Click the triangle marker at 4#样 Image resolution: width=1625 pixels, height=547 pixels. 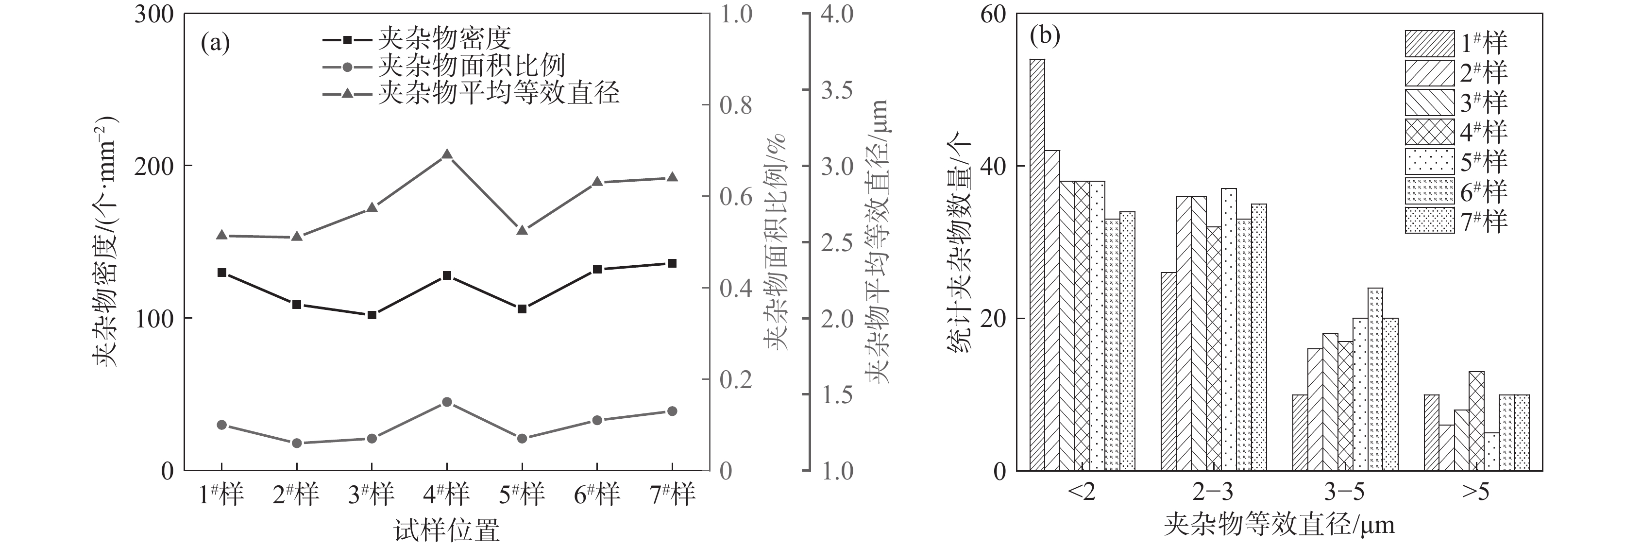click(x=447, y=154)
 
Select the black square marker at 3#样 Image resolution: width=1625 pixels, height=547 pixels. click(x=372, y=315)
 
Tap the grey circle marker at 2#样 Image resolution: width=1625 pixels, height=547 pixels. click(x=296, y=443)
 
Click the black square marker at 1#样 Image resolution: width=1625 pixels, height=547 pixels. click(x=221, y=273)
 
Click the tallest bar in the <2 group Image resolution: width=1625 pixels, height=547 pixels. click(x=1037, y=265)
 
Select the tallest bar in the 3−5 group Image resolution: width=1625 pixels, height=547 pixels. click(x=1375, y=378)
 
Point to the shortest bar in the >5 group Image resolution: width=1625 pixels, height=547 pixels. click(x=1491, y=451)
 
